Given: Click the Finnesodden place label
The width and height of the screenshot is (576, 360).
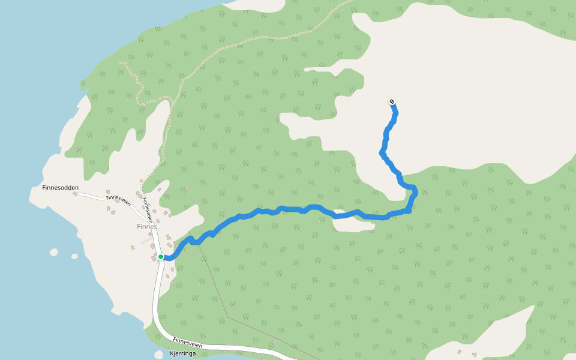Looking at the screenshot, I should [60, 187].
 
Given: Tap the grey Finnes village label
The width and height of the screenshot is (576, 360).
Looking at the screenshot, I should [146, 226].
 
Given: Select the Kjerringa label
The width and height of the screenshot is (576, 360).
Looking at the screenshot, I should [183, 354].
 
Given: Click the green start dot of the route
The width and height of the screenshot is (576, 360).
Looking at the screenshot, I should [161, 257].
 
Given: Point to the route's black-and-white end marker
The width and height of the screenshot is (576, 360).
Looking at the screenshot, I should [392, 102].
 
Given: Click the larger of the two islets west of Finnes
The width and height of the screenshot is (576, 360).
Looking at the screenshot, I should [54, 253].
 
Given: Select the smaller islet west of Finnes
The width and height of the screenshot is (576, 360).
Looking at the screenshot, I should [74, 256].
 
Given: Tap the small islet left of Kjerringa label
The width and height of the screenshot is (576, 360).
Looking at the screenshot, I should [158, 354].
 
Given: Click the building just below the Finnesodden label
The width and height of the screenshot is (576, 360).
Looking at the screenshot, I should [75, 194].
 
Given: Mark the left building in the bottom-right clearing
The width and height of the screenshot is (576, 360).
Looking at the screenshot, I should [458, 352].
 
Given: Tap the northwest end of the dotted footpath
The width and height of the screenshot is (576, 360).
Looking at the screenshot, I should [120, 62].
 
